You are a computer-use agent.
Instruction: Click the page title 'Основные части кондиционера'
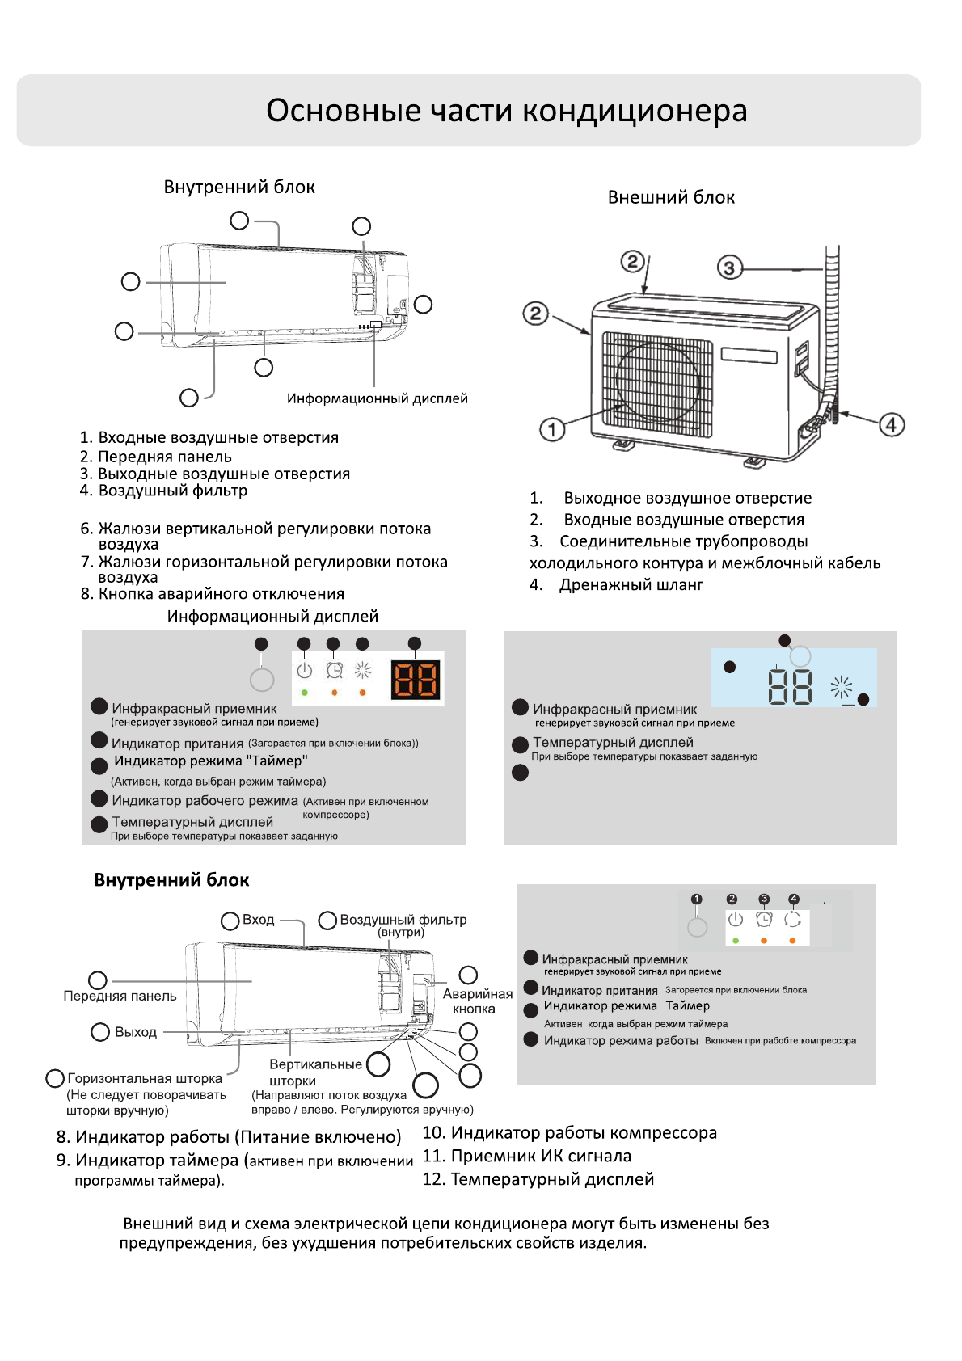506,111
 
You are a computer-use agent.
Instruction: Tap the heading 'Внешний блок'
671,197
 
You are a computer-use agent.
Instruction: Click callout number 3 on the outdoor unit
729,268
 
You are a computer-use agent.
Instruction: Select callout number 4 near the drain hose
891,424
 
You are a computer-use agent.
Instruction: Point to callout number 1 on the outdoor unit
552,428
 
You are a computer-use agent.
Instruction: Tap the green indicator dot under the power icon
304,693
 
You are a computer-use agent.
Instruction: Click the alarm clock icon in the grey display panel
334,670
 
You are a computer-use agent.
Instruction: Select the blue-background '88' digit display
790,686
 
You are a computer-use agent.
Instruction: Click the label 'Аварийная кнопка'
477,1001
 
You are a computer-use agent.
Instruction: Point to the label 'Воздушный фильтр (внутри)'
403,925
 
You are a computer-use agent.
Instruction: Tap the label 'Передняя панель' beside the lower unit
120,996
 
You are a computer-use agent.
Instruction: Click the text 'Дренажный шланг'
631,584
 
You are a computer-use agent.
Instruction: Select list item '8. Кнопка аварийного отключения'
213,594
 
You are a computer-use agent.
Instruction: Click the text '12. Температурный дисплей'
538,1179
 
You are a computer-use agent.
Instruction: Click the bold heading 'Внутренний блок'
171,880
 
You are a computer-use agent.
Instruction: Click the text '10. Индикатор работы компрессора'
569,1133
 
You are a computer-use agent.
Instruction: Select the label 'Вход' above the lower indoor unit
258,920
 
